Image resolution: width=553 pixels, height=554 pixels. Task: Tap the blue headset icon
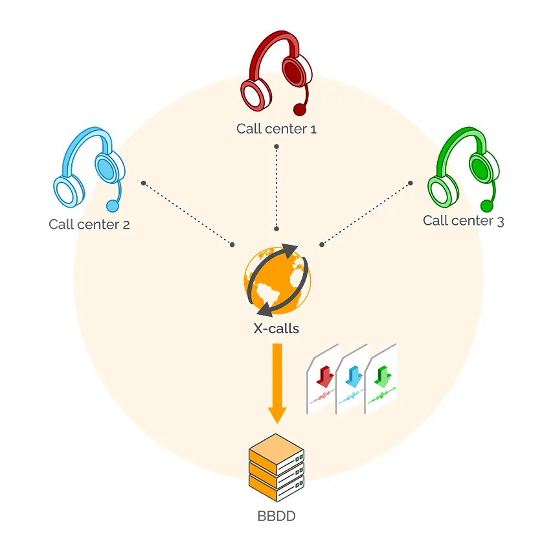89,170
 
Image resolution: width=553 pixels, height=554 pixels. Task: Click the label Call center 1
276,128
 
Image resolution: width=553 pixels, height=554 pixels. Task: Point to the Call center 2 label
89,225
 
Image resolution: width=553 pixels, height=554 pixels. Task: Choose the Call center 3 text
463,221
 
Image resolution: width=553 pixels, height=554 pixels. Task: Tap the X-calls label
276,329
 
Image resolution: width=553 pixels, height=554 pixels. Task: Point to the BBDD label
276,517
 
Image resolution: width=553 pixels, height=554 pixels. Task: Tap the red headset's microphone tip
299,109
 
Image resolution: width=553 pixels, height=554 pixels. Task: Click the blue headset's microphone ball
113,206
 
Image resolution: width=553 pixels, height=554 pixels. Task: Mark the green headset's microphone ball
486,206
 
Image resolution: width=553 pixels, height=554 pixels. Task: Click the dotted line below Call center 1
276,188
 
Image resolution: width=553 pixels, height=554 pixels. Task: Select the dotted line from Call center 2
188,213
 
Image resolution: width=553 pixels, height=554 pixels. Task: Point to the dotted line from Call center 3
367,213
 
